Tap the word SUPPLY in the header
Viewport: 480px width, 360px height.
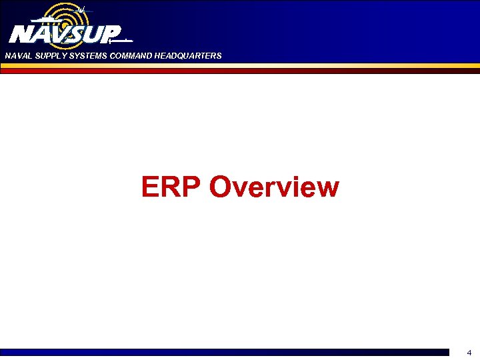(47, 56)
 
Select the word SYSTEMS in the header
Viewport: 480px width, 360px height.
(85, 56)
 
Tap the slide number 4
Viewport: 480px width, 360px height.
(469, 353)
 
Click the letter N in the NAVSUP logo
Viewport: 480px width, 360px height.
(21, 33)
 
